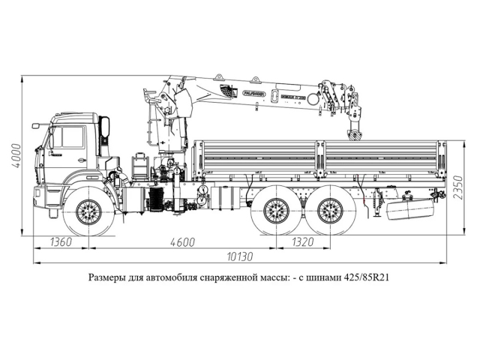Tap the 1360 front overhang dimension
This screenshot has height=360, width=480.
click(x=62, y=242)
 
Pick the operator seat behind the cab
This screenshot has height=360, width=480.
click(x=140, y=163)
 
